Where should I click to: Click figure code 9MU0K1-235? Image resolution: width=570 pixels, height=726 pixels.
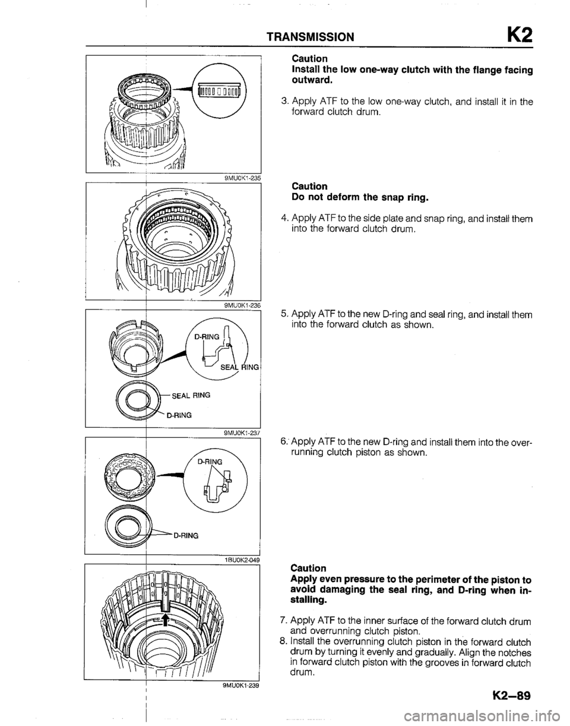click(239, 176)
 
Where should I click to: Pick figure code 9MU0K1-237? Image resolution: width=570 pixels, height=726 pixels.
click(239, 433)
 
